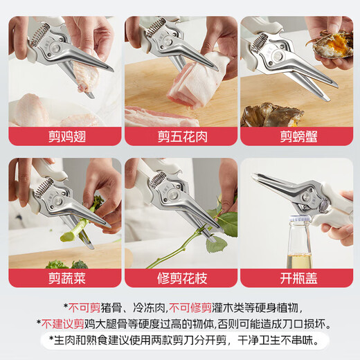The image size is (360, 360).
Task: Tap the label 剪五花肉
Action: point(179,136)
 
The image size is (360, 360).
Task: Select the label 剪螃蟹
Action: point(297,136)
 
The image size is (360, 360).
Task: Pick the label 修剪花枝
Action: point(179,278)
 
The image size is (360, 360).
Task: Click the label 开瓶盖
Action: point(297,278)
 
